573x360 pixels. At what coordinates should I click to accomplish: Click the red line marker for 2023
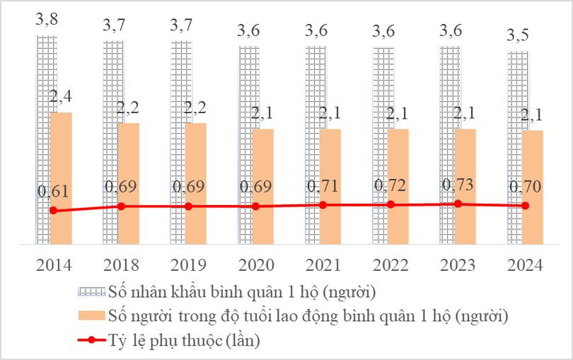(x=458, y=204)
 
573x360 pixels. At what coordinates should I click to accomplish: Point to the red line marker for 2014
(x=53, y=211)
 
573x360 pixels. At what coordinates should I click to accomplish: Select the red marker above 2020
(x=255, y=207)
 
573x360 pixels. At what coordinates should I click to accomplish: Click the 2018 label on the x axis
(x=121, y=265)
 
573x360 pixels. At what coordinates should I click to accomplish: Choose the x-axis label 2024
(x=525, y=265)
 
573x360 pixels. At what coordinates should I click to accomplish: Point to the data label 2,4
(x=62, y=96)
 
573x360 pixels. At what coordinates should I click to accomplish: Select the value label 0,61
(x=53, y=192)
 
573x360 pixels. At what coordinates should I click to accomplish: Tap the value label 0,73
(x=458, y=185)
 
